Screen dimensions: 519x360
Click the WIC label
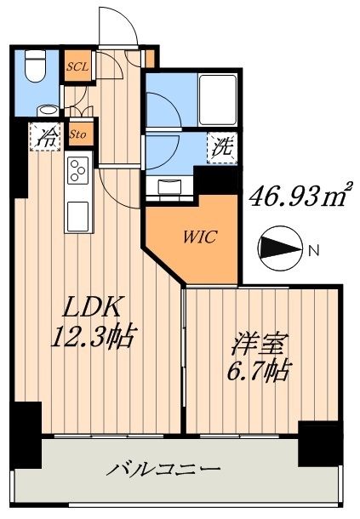(198, 237)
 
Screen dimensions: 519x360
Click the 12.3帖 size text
(88, 337)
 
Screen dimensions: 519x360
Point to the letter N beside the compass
(314, 249)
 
